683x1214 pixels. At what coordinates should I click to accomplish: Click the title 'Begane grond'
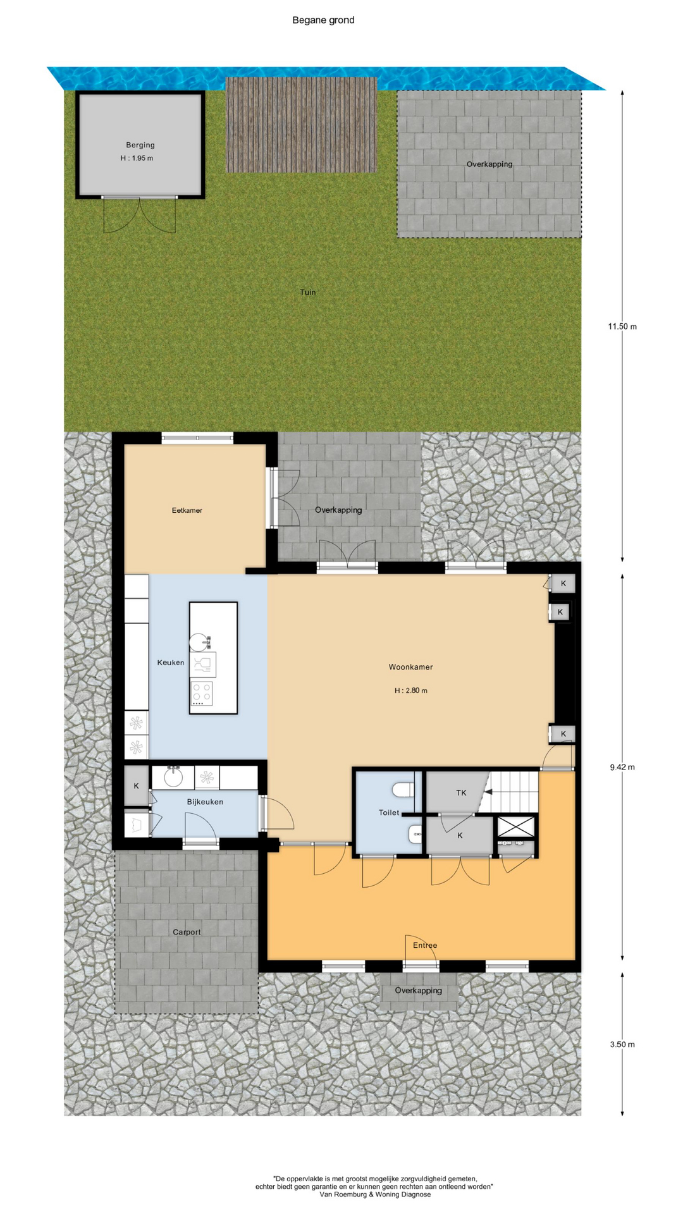pos(323,20)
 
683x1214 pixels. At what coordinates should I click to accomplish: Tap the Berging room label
pos(140,145)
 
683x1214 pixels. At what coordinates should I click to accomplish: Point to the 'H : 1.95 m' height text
pos(137,158)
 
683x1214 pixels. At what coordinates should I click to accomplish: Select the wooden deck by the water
pos(302,125)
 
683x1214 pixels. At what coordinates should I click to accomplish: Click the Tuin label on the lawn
pos(308,292)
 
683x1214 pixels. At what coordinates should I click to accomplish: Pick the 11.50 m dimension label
pos(622,326)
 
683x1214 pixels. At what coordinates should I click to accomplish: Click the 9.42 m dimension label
pos(622,767)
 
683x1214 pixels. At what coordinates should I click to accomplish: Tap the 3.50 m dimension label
pos(622,1044)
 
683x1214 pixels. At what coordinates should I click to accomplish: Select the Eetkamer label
pos(187,510)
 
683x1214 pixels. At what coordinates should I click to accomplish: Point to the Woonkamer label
pos(411,667)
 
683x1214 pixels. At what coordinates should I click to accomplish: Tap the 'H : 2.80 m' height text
pos(411,690)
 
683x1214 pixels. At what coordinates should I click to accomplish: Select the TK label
pos(461,792)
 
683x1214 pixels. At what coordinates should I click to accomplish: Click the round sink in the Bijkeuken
pos(173,777)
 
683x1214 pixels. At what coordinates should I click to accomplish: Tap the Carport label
pos(187,932)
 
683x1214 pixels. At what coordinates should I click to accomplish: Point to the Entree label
pos(425,945)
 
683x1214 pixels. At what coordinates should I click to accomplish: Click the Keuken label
pos(171,663)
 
